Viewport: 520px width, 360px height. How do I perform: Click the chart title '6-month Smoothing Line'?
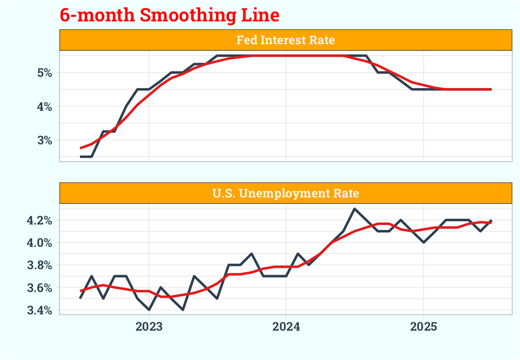click(169, 15)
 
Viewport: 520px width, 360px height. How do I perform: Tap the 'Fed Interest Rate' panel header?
click(285, 40)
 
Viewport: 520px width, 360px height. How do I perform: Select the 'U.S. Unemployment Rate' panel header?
click(285, 193)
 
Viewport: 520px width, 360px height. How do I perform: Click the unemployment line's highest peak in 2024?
click(355, 209)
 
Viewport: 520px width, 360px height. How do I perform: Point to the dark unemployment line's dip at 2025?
click(424, 242)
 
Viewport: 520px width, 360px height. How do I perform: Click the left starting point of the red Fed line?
click(81, 148)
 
